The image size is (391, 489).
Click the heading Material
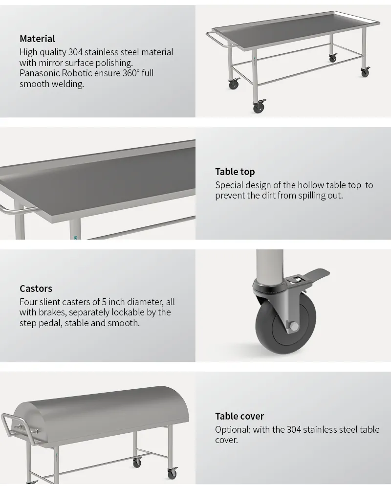[x=37, y=39]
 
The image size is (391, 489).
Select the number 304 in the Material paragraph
[x=75, y=52]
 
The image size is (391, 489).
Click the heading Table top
[x=235, y=172]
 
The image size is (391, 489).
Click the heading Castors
[x=36, y=289]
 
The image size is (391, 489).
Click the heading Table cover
[x=239, y=416]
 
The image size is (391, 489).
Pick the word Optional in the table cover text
[x=233, y=430]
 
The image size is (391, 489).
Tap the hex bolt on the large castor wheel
[x=294, y=326]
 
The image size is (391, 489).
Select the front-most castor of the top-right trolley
[x=259, y=106]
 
